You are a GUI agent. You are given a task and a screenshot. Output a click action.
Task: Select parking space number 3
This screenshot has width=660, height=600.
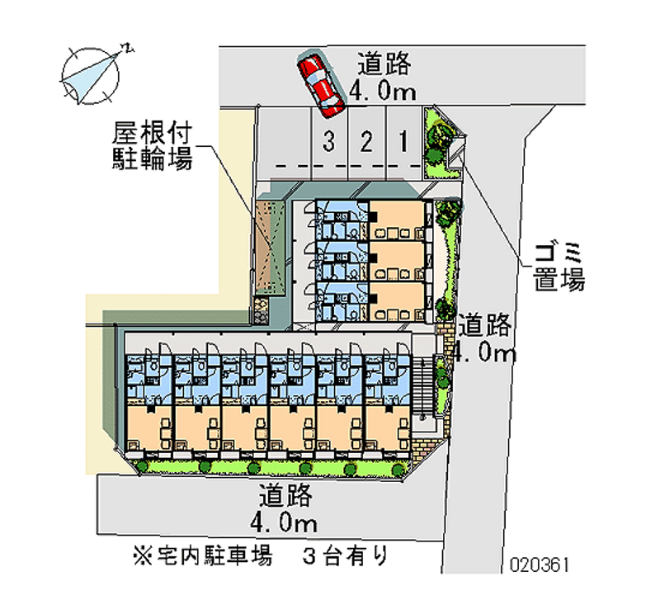tap(329, 143)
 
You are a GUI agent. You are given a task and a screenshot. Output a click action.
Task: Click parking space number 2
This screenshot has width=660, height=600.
tap(365, 143)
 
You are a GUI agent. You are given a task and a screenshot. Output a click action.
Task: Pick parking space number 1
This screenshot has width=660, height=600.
tap(403, 143)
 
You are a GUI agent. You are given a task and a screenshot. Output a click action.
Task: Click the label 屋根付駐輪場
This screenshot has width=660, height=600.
tap(153, 145)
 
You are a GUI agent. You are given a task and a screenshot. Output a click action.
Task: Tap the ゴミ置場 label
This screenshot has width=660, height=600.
tap(558, 266)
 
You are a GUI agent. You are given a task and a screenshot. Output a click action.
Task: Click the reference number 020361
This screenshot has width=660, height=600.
tap(540, 565)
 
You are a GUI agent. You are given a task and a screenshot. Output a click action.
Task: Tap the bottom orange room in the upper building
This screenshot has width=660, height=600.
tap(397, 301)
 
